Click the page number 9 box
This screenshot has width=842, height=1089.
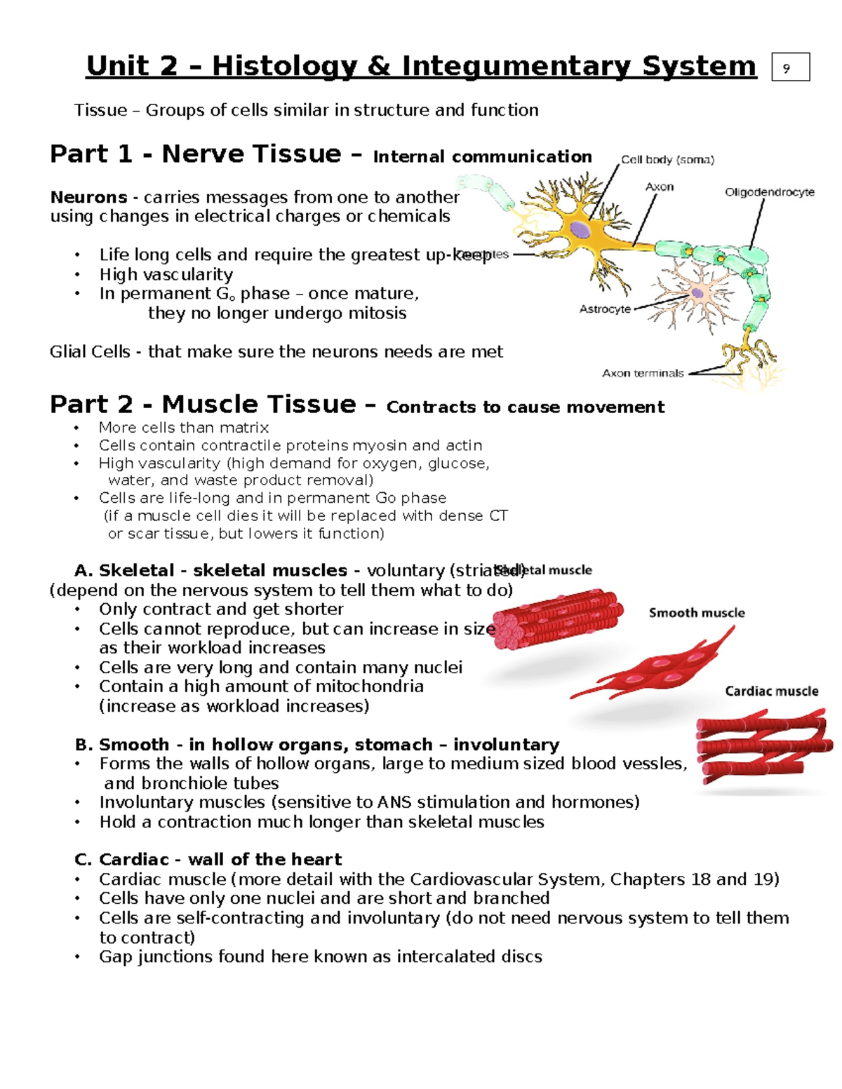pyautogui.click(x=790, y=67)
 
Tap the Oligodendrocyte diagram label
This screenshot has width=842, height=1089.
pyautogui.click(x=769, y=192)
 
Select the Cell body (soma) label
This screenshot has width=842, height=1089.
pyautogui.click(x=667, y=160)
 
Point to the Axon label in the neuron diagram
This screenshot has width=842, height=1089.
pyautogui.click(x=659, y=187)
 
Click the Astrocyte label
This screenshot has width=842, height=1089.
pyautogui.click(x=604, y=309)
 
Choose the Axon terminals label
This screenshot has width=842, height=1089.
pyautogui.click(x=642, y=373)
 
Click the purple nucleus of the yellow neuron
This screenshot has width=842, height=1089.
pyautogui.click(x=580, y=229)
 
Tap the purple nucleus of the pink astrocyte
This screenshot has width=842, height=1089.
pyautogui.click(x=697, y=293)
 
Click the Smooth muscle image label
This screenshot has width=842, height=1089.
pyautogui.click(x=696, y=613)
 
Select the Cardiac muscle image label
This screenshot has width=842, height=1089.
pyautogui.click(x=771, y=691)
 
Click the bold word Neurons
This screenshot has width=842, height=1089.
pyautogui.click(x=88, y=197)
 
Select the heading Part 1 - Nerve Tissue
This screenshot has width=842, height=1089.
pyautogui.click(x=195, y=154)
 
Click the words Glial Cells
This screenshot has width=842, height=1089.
pyautogui.click(x=89, y=351)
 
